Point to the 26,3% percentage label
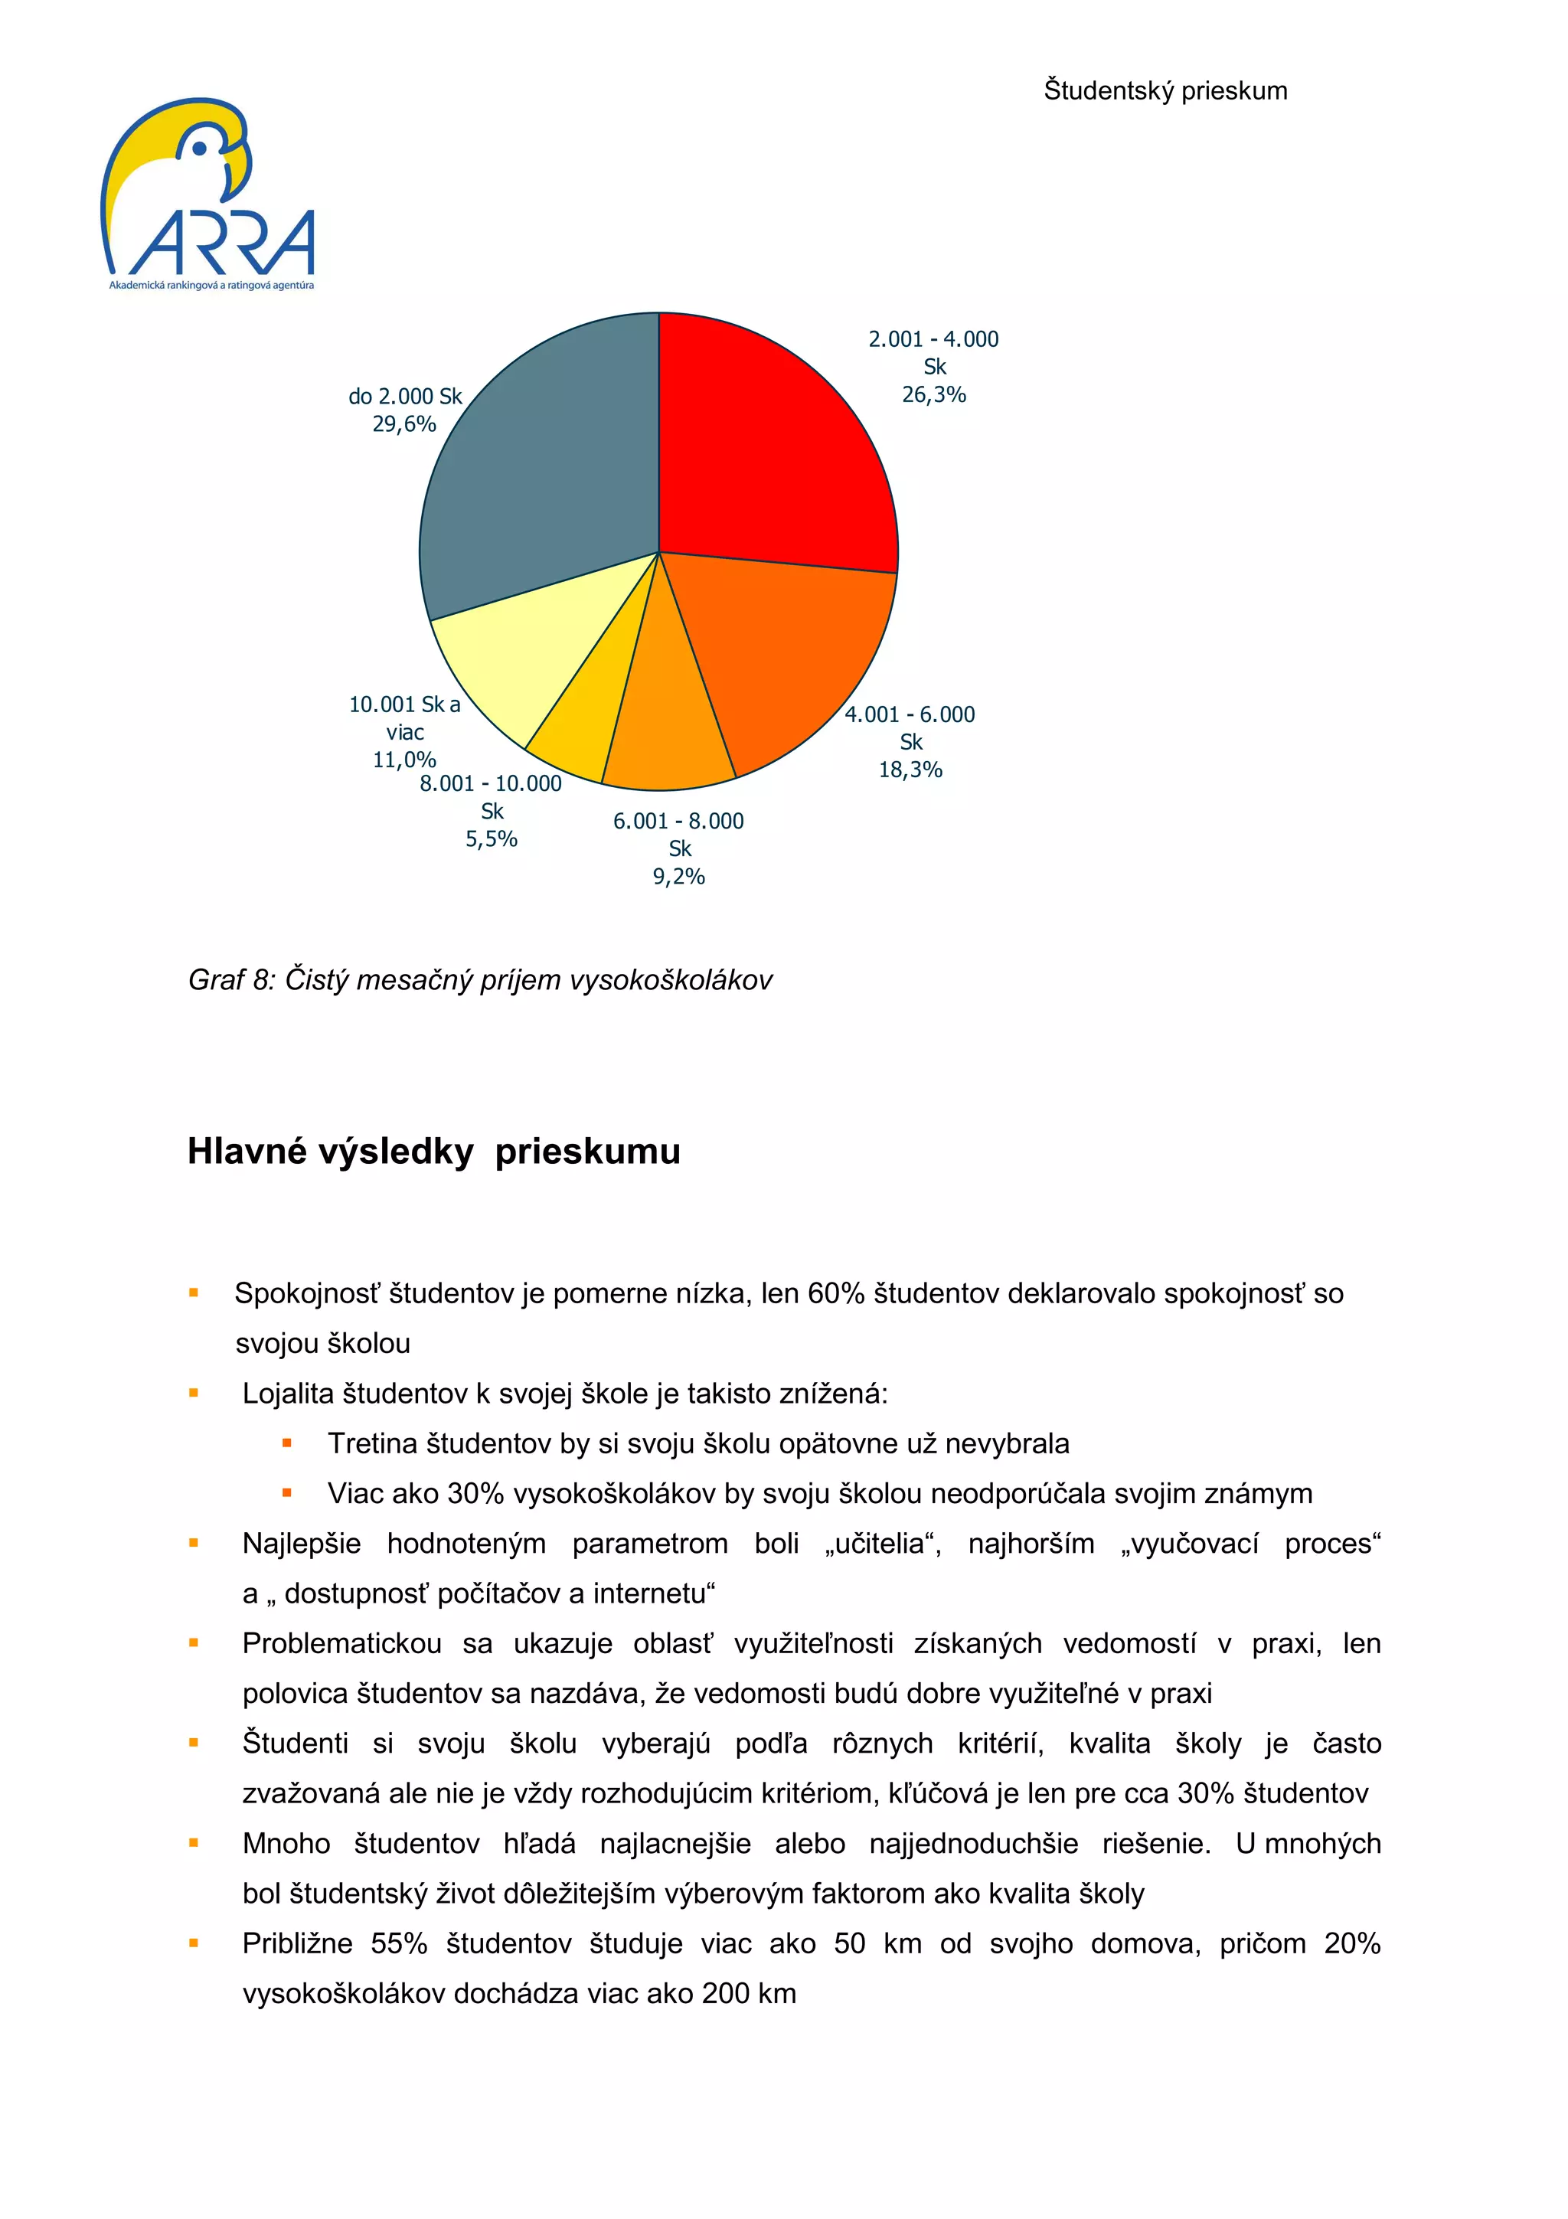pyautogui.click(x=933, y=394)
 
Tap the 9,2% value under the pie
pyautogui.click(x=678, y=877)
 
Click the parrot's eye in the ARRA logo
pyautogui.click(x=200, y=149)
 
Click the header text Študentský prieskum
pyautogui.click(x=1165, y=91)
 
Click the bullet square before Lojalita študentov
pyautogui.click(x=193, y=1393)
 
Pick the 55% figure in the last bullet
pyautogui.click(x=398, y=1943)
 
